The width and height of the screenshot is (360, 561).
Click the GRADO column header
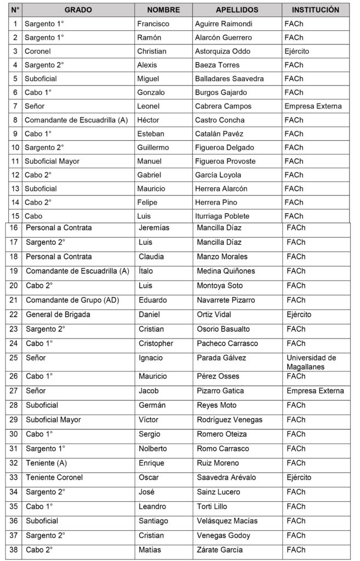(78, 10)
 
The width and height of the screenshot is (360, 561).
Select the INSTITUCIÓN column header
(315, 10)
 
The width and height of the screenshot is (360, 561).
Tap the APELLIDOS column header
(237, 10)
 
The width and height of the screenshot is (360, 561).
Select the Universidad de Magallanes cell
(312, 362)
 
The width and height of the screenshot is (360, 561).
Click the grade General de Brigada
(58, 314)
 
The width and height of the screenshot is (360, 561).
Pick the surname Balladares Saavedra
(229, 78)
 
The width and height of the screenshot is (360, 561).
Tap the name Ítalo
(147, 271)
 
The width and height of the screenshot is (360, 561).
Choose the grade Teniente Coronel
(54, 477)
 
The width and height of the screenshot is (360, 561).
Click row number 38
(14, 549)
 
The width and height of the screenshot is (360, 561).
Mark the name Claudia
(151, 256)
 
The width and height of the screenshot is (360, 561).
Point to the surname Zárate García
(220, 549)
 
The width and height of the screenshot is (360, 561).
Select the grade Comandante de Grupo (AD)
(72, 300)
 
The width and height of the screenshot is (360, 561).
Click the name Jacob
(148, 391)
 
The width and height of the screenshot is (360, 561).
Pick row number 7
(15, 106)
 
